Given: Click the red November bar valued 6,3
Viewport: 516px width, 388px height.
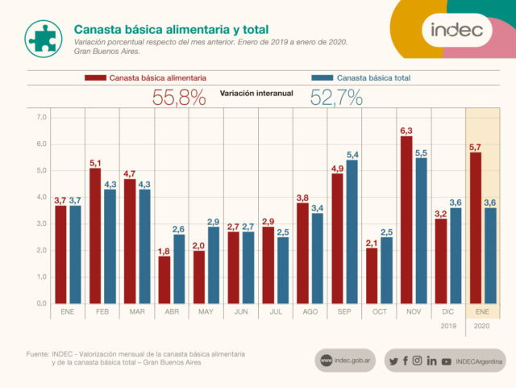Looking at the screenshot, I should tap(406, 219).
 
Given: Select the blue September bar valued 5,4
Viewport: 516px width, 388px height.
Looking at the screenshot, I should tap(352, 232).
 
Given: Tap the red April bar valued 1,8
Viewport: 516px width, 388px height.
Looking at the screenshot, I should tap(164, 279).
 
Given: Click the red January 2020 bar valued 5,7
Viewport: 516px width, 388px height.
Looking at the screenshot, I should tap(476, 227).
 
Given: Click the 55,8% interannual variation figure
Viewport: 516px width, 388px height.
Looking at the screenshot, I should tap(178, 98).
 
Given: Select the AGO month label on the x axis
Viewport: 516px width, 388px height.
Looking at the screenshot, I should tap(309, 311).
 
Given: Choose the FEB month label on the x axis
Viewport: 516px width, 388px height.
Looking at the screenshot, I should tap(103, 311).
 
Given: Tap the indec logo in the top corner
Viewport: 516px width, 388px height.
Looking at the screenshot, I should tap(456, 31).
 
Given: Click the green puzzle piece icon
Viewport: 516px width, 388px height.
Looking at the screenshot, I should tap(41, 36).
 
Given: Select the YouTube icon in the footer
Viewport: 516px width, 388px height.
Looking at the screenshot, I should tap(446, 361).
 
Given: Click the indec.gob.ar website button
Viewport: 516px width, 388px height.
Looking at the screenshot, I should tap(346, 361).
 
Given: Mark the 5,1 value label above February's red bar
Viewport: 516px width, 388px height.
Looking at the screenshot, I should tap(94, 161).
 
